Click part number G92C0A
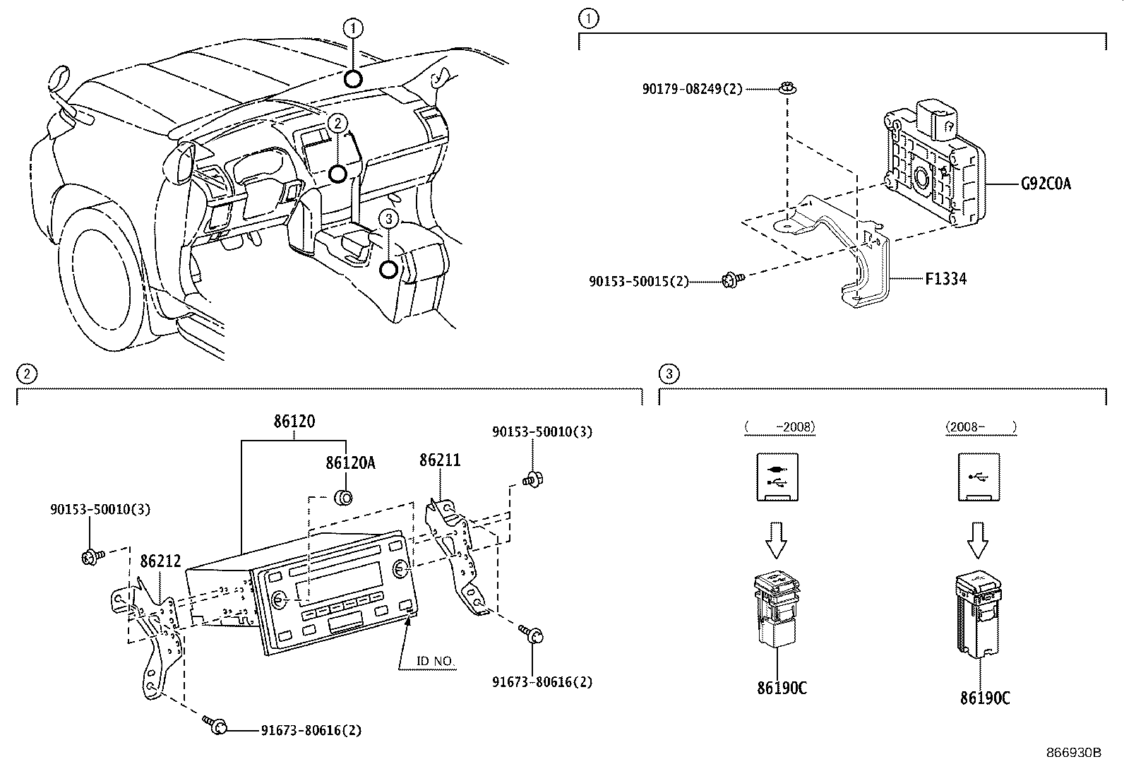point(1046,184)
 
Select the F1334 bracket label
point(945,279)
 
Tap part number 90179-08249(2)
point(692,90)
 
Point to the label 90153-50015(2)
point(638,281)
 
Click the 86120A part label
point(350,463)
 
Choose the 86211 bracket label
point(440,460)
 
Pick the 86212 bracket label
point(160,561)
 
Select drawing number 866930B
point(1073,753)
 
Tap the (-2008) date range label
point(779,426)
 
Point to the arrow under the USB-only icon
point(978,539)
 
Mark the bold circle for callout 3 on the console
point(389,269)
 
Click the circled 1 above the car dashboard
point(353,28)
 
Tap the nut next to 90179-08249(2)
point(785,89)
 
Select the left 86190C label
point(781,688)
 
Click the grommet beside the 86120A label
point(342,498)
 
